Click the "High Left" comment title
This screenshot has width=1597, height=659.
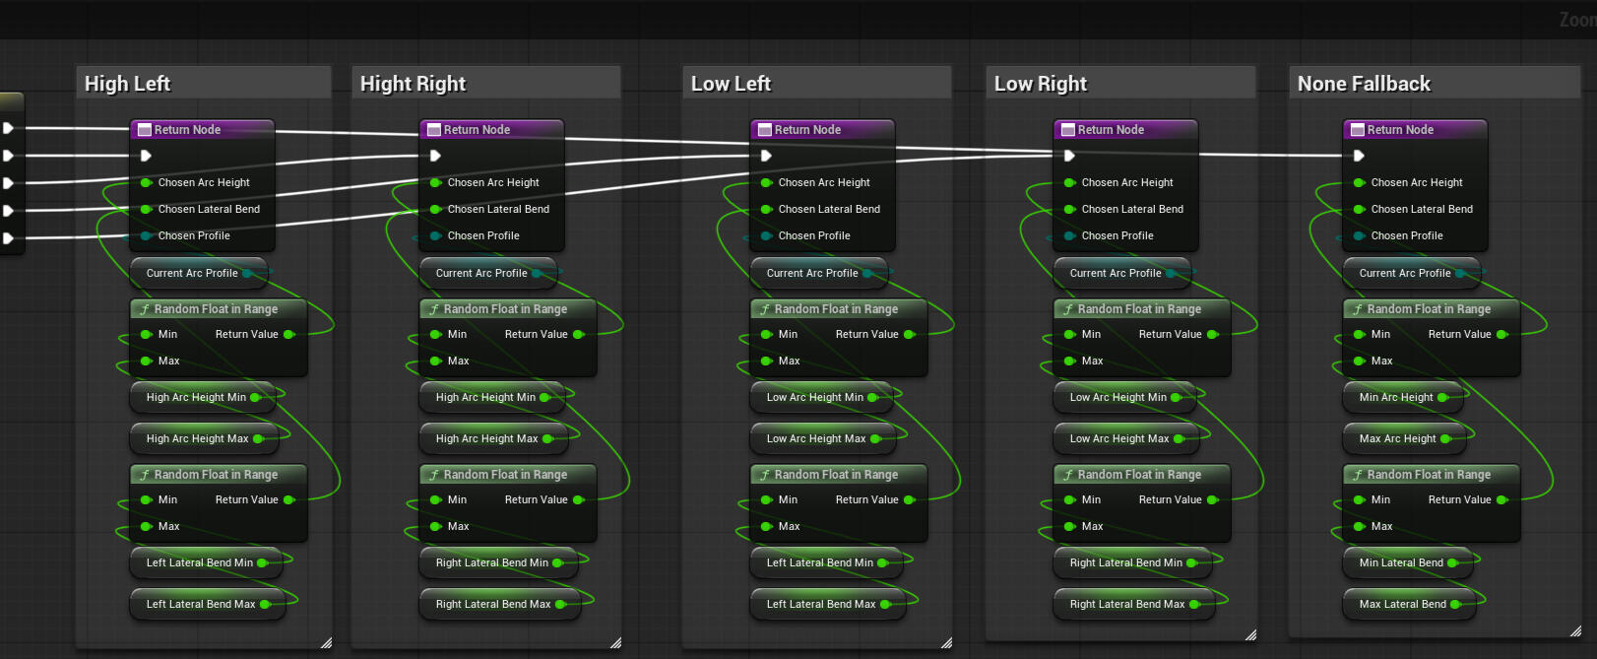[128, 84]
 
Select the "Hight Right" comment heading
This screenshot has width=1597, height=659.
[413, 84]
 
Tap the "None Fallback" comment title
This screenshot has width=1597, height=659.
[1364, 84]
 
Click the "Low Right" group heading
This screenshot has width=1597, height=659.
[1041, 84]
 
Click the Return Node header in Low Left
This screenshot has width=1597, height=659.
[822, 130]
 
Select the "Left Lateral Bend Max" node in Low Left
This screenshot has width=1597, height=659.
[828, 604]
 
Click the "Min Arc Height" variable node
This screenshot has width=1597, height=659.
[1403, 397]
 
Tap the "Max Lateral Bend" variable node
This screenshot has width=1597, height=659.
[1409, 604]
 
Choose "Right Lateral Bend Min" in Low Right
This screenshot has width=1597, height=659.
[1133, 562]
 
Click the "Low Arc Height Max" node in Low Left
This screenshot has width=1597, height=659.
[823, 438]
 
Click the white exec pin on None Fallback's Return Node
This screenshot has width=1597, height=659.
[1359, 156]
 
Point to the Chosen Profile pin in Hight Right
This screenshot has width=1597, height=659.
[435, 235]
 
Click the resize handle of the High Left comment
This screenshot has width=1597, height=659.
[326, 642]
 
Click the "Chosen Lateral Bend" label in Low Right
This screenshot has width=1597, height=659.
[1132, 209]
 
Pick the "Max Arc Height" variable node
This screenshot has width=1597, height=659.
[1404, 438]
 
